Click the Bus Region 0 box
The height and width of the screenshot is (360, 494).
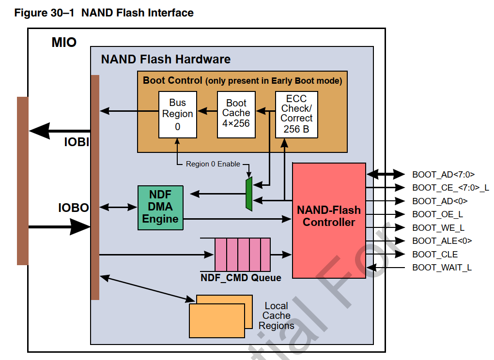point(178,114)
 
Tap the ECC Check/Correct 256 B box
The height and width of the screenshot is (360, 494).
point(296,114)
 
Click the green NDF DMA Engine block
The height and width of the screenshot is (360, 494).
point(160,207)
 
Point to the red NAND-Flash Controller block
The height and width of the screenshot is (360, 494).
point(329,220)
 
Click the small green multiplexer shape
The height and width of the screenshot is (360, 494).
point(249,194)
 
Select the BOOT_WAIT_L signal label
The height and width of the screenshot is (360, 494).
point(442,267)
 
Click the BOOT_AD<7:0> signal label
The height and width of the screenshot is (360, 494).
point(443,174)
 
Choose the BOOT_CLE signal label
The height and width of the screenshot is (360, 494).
point(434,254)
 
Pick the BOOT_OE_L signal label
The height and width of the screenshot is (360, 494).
point(438,214)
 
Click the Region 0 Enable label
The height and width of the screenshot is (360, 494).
point(213,164)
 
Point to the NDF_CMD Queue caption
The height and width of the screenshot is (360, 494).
point(241,278)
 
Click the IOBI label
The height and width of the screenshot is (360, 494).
point(76,143)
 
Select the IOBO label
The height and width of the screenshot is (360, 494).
point(74,208)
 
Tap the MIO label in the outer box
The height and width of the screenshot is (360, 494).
point(64,43)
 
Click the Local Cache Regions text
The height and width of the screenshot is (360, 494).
point(276,315)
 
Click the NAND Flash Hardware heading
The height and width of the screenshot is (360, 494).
point(166,60)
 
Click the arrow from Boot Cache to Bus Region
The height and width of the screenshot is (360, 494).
point(207,111)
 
